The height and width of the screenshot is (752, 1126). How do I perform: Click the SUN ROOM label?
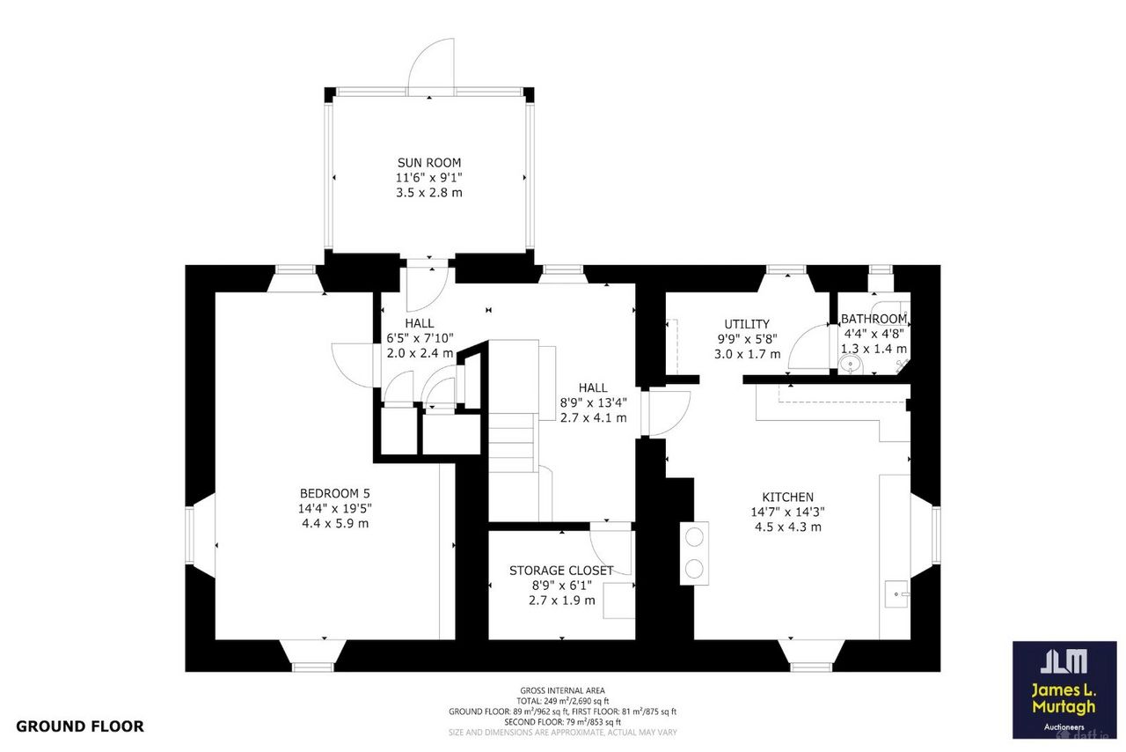click(x=428, y=163)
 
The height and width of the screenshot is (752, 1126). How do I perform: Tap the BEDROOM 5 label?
click(x=335, y=493)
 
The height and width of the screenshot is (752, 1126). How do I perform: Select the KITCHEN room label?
click(x=787, y=498)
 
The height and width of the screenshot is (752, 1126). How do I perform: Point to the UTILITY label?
click(x=747, y=324)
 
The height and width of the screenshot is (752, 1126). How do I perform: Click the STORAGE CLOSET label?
click(x=561, y=571)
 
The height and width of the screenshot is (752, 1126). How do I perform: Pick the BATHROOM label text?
click(x=874, y=319)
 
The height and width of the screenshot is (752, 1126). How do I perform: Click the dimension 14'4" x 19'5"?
click(x=335, y=508)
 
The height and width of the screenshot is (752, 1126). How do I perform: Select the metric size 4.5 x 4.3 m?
click(x=787, y=527)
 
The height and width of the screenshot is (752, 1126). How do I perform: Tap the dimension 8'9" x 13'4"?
click(x=593, y=402)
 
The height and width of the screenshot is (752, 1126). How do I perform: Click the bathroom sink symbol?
click(x=851, y=364)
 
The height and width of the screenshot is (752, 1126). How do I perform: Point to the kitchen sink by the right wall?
click(x=896, y=594)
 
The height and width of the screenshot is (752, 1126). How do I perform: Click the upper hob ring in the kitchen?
click(x=694, y=537)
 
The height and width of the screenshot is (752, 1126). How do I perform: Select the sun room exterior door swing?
click(x=431, y=66)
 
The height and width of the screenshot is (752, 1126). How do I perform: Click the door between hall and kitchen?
click(x=669, y=413)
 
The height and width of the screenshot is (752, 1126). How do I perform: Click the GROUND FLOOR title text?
click(x=80, y=726)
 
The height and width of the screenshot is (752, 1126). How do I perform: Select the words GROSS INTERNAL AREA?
click(x=562, y=690)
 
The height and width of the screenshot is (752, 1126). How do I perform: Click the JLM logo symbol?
click(x=1064, y=661)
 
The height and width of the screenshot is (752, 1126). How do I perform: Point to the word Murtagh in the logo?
click(x=1064, y=707)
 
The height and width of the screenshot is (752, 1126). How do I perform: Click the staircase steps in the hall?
click(x=511, y=442)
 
